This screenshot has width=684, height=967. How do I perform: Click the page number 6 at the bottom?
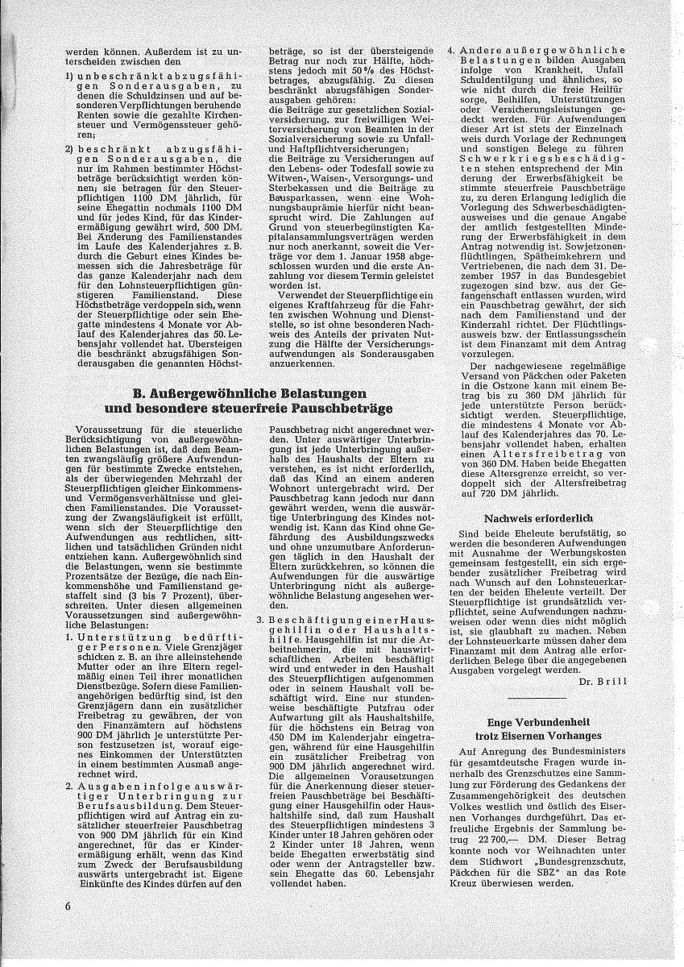70,928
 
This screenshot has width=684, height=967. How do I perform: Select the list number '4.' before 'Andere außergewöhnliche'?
452,50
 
